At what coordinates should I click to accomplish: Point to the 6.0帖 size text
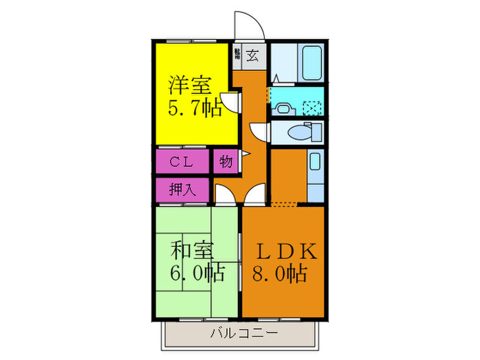click(197, 273)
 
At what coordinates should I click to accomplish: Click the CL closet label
click(180, 163)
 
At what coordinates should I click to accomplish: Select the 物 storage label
click(226, 163)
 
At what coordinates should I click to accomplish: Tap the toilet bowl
click(299, 131)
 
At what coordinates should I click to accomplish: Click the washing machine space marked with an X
click(312, 107)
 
